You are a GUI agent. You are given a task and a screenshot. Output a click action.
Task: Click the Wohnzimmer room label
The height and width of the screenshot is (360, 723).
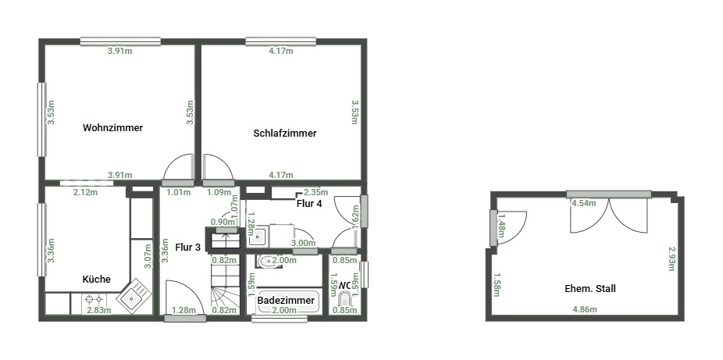click(x=113, y=128)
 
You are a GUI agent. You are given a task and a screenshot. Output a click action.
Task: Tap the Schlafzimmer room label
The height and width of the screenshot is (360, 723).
click(x=285, y=134)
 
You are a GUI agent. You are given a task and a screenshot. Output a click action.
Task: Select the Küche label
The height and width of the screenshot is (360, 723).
click(x=96, y=280)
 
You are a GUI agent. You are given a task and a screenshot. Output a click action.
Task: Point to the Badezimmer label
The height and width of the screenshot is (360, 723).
click(x=286, y=301)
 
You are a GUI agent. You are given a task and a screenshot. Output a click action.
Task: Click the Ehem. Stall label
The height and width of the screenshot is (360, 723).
click(x=590, y=289)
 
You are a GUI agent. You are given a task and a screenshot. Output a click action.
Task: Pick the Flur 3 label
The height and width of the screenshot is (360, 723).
click(x=187, y=247)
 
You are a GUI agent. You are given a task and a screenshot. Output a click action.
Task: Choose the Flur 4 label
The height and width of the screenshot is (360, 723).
click(x=309, y=203)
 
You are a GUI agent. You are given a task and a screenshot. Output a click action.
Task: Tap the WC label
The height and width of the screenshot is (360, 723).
click(x=344, y=286)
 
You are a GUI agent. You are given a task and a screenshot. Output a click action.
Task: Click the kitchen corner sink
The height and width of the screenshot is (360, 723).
click(x=134, y=297)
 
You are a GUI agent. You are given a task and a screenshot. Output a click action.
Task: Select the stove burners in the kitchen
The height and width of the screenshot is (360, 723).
click(x=94, y=300)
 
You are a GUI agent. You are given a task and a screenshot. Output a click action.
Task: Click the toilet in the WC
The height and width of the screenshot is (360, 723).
click(x=344, y=300)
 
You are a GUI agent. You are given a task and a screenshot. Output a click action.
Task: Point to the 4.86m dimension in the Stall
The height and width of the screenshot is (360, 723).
click(x=585, y=309)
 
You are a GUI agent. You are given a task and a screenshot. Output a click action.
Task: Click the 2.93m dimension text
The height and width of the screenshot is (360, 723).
click(x=672, y=258)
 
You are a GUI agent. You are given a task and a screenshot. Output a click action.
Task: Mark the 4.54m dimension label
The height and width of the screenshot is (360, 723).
click(x=584, y=203)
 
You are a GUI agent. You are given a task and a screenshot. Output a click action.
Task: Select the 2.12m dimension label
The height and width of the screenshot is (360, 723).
click(x=86, y=192)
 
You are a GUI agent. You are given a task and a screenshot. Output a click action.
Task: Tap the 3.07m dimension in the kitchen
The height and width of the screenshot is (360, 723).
click(x=148, y=256)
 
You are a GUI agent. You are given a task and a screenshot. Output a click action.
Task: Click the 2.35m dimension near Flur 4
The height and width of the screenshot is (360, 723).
click(x=316, y=192)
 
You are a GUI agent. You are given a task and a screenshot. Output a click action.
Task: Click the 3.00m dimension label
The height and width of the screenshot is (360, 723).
click(x=304, y=243)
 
